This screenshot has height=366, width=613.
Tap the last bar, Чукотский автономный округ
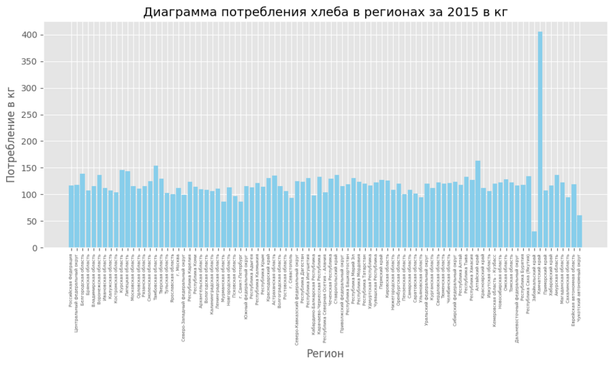(580, 232)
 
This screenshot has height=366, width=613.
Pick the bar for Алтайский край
(478, 204)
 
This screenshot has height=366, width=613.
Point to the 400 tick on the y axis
(30, 35)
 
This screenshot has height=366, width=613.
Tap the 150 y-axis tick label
(30, 168)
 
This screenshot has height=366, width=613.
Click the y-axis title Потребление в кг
(11, 135)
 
